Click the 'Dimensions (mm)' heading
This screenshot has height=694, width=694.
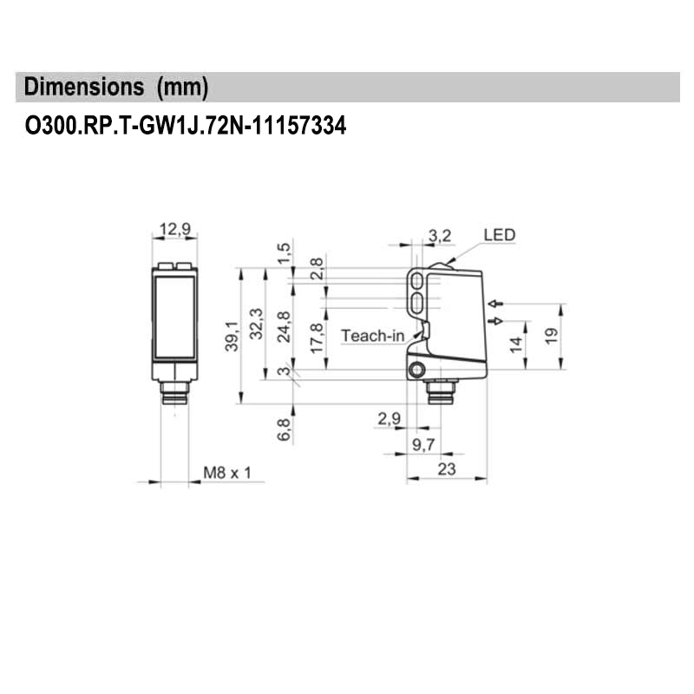(x=116, y=88)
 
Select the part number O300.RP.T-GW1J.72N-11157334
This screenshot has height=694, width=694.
(x=185, y=127)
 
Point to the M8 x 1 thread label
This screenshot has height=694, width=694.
(x=226, y=473)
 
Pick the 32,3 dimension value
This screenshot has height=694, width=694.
(x=255, y=324)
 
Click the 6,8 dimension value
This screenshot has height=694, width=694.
(x=284, y=429)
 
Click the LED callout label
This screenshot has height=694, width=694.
(x=499, y=234)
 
